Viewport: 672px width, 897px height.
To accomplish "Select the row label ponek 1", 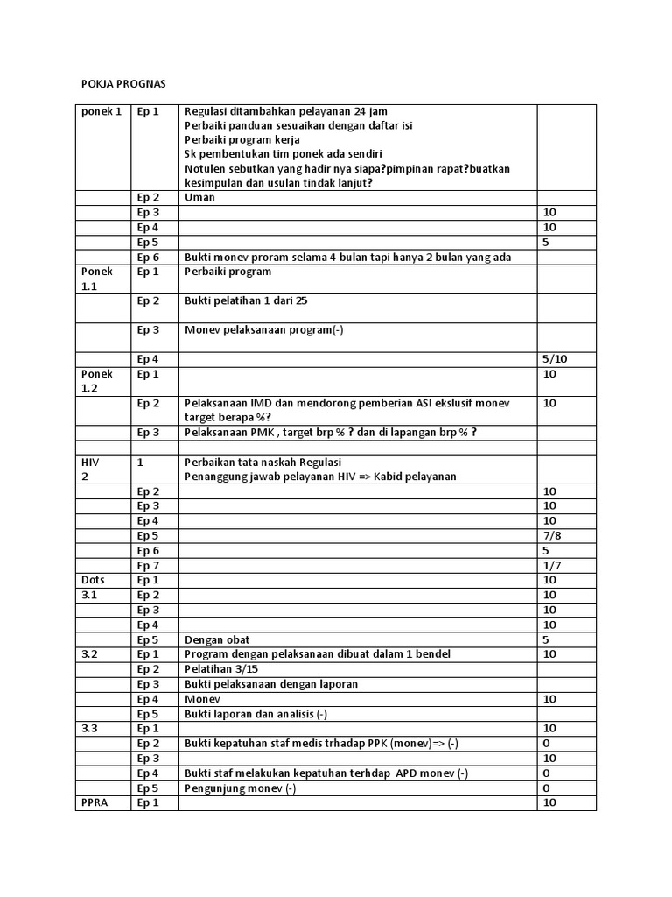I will (x=101, y=111).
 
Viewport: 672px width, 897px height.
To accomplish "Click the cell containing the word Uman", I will (x=199, y=197).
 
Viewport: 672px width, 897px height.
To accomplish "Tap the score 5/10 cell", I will (x=556, y=359).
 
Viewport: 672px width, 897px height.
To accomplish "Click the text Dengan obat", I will (x=217, y=639).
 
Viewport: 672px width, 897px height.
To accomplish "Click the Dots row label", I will (x=93, y=580).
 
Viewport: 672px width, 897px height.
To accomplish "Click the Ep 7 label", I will (x=148, y=565).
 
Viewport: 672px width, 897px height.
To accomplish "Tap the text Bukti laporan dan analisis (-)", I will (x=255, y=714).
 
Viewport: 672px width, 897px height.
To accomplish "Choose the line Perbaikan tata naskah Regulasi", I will (x=262, y=462).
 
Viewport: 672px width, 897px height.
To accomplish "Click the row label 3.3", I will (x=90, y=729).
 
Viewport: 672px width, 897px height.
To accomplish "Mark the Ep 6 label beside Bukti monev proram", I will (x=148, y=257).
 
